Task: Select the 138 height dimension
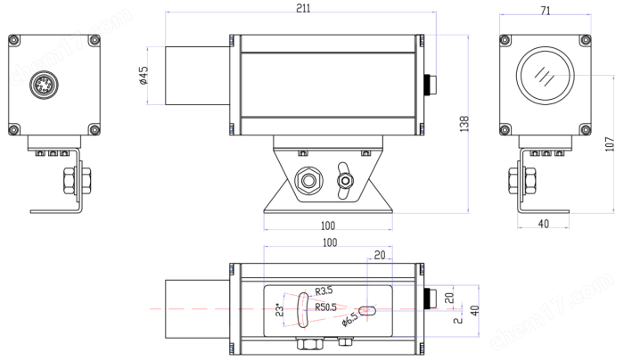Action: click(x=463, y=125)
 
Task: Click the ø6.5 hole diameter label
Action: click(x=350, y=319)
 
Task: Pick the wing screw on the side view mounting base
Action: click(x=344, y=181)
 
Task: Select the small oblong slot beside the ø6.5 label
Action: click(x=369, y=311)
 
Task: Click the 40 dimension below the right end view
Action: click(x=543, y=224)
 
